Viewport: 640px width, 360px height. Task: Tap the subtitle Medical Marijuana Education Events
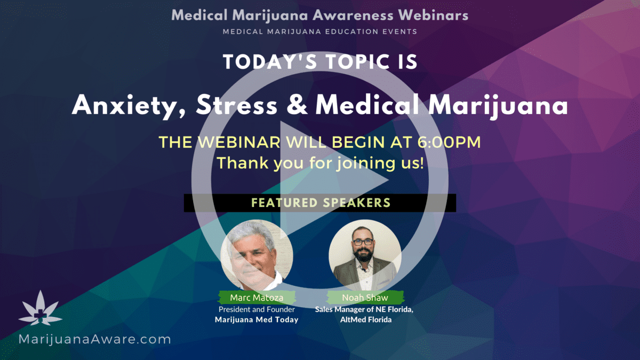click(320, 31)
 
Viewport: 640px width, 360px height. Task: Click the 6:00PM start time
click(449, 142)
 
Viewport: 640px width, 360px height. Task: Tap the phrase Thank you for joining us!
click(320, 163)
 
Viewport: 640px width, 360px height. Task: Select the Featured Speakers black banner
click(320, 203)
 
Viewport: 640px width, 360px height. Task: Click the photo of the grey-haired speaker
click(257, 255)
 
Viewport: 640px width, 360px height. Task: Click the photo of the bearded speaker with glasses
click(365, 255)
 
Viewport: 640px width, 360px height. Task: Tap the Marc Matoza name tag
click(257, 298)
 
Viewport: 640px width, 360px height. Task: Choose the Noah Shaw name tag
click(365, 298)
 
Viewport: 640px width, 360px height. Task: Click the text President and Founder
click(257, 309)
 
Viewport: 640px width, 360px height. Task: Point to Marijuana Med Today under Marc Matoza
click(257, 319)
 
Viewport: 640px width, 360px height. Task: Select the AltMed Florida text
click(366, 319)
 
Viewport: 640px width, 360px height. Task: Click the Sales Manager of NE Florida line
click(364, 310)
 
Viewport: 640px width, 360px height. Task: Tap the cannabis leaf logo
click(41, 308)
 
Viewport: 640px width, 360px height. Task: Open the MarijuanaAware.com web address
click(94, 339)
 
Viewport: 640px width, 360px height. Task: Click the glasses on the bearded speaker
click(363, 242)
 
